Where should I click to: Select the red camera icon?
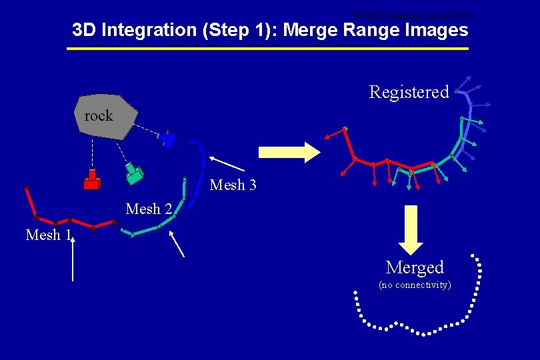92,180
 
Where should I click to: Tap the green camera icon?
135,173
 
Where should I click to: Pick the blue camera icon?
167,140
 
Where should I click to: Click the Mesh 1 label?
48,235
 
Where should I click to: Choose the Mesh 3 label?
233,185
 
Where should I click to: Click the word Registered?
409,92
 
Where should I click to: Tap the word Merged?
415,267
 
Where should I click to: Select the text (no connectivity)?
415,285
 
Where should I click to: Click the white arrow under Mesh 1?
73,257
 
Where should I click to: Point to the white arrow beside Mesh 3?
227,163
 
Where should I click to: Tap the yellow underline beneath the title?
268,49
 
